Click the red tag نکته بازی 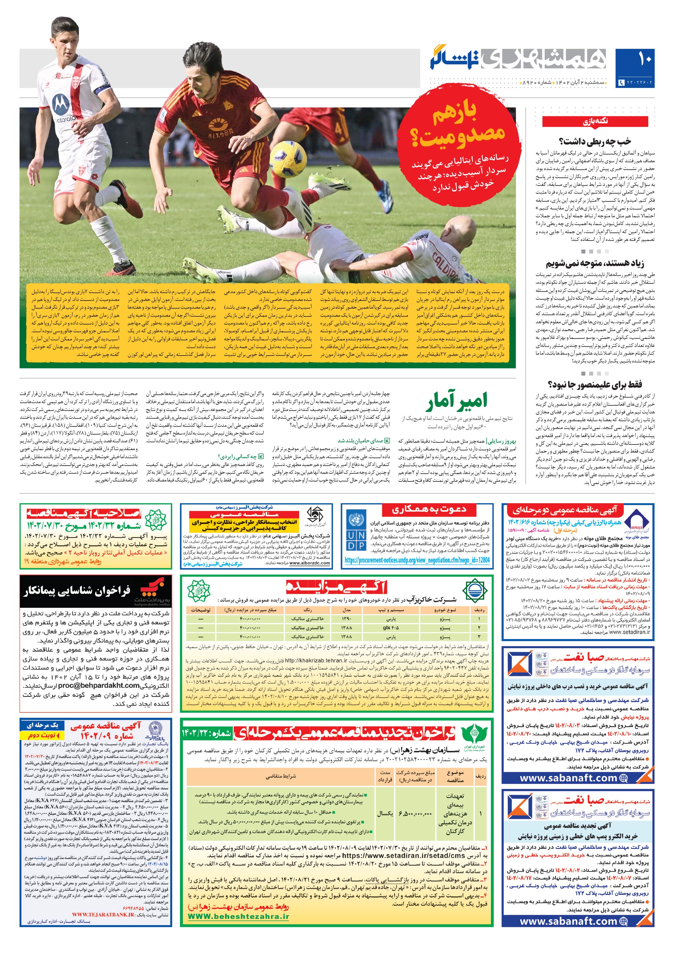(595, 121)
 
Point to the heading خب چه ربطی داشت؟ (595, 141)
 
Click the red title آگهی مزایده (336, 588)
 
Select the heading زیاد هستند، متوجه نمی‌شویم (595, 263)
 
